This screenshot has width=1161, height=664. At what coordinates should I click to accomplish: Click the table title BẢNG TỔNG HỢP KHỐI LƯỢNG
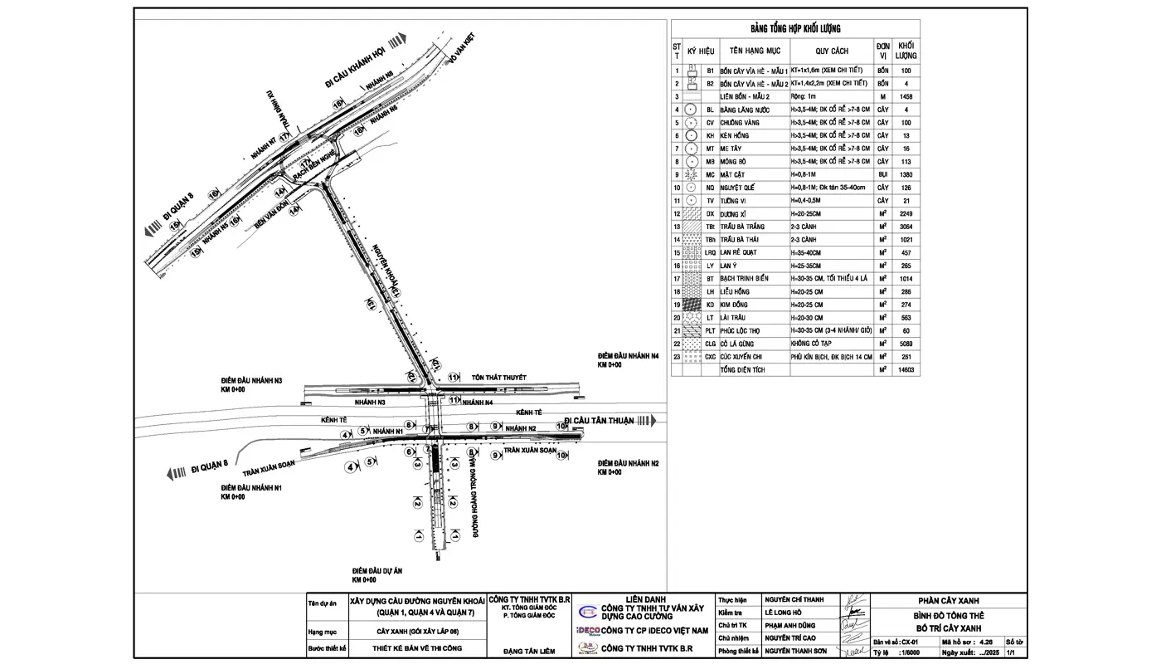tap(795, 29)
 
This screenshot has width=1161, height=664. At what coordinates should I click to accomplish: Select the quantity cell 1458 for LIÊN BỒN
tap(906, 97)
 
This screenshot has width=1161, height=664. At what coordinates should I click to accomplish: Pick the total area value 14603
tap(906, 369)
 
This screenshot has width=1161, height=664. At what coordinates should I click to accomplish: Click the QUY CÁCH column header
tap(832, 51)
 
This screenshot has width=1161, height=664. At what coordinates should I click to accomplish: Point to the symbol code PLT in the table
tap(710, 330)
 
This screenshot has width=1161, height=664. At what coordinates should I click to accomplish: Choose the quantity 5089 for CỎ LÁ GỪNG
tap(906, 344)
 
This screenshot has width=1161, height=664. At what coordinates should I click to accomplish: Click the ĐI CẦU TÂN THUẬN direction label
tap(599, 421)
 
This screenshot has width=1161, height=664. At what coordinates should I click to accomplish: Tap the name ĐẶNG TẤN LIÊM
tap(528, 652)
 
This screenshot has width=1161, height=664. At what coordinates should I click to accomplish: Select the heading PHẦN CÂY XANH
tap(950, 602)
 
